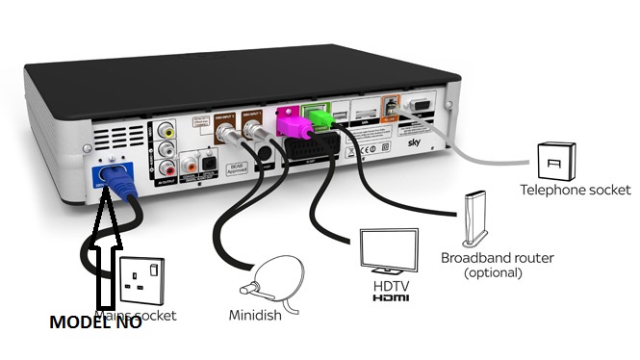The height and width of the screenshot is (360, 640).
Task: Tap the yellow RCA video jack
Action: [x=169, y=124]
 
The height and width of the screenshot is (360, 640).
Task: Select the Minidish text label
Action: [x=258, y=316]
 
